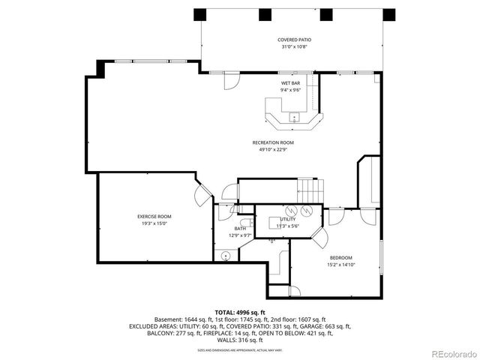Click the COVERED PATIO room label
pos(294,39)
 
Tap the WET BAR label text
pos(291,82)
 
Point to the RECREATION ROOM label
pos(273,142)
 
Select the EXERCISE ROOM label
pos(154,217)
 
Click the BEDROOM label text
pos(340,257)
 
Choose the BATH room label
pos(239,229)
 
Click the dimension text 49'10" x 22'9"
pos(273,149)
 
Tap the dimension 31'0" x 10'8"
pos(294,46)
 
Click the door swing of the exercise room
pos(202,196)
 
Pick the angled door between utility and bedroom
pos(319,238)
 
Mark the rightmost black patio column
pos(388,15)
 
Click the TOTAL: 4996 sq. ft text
pos(240,312)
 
